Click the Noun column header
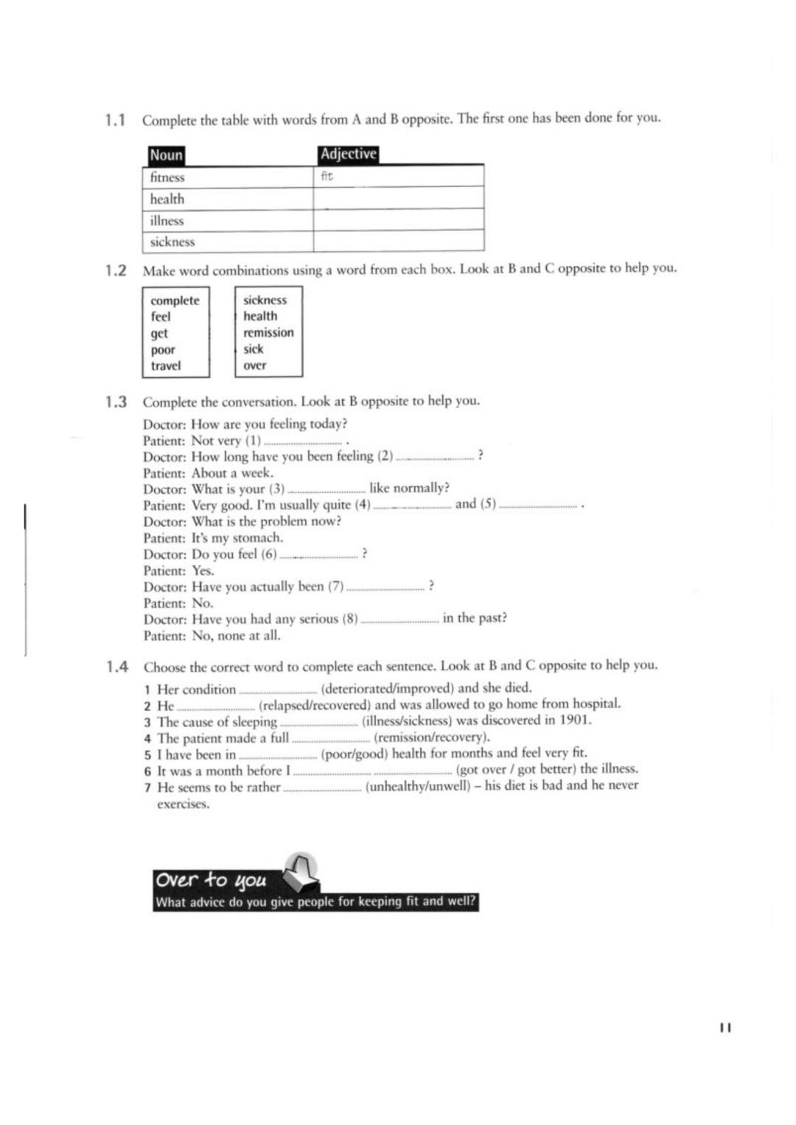[x=166, y=155]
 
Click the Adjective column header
[x=349, y=154]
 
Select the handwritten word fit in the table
[x=327, y=176]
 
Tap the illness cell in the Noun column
[x=167, y=220]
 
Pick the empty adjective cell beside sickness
[x=398, y=241]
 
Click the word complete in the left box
[x=175, y=301]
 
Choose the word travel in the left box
[x=166, y=365]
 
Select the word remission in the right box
[x=268, y=332]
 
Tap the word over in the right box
[x=255, y=365]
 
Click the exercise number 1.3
[x=116, y=402]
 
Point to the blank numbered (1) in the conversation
[x=304, y=442]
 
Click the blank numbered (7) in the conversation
[x=385, y=588]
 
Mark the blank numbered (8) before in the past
[x=399, y=620]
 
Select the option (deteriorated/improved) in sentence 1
[x=388, y=689]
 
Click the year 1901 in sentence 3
[x=575, y=720]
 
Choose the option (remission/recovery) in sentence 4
[x=431, y=737]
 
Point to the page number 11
[x=725, y=1027]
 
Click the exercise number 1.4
[x=116, y=667]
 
